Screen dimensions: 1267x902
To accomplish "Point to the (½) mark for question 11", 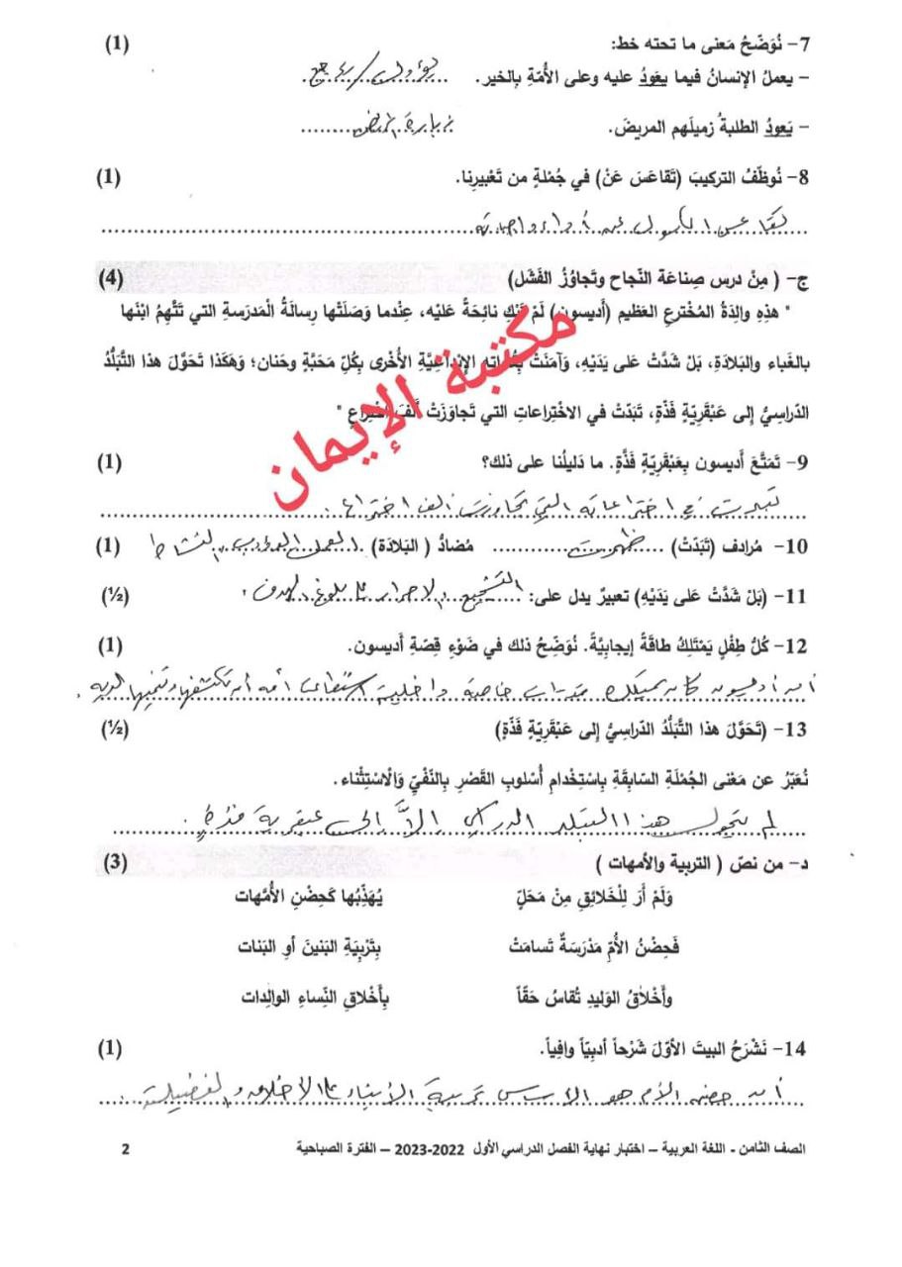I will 116,598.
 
